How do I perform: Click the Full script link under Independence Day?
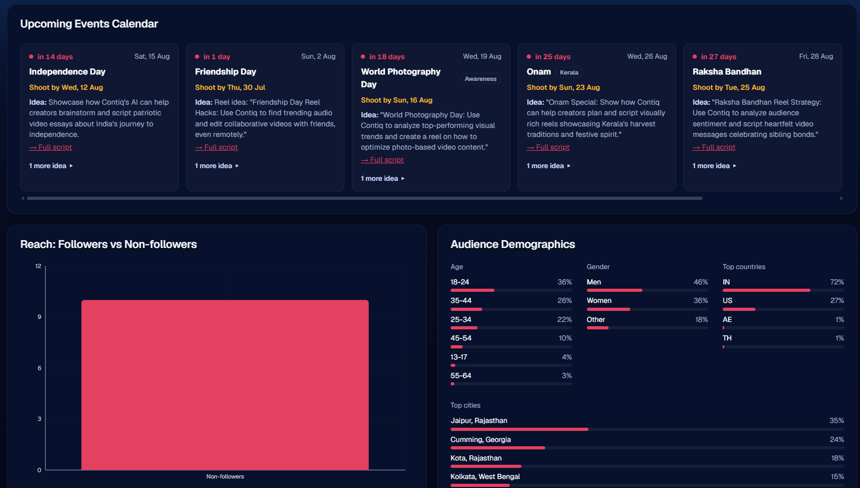(x=50, y=147)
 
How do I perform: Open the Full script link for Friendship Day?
(x=216, y=147)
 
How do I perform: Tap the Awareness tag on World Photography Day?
(x=480, y=79)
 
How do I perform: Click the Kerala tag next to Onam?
(x=569, y=72)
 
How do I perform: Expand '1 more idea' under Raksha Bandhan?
(x=714, y=165)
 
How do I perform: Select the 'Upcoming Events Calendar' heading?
(x=89, y=24)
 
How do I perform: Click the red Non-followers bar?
(x=225, y=384)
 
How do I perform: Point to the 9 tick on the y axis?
(x=39, y=317)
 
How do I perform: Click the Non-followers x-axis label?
(x=225, y=476)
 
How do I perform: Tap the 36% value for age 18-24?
(x=564, y=282)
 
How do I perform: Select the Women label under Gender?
(x=599, y=300)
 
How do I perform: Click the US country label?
(x=727, y=300)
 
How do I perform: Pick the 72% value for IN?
(x=837, y=282)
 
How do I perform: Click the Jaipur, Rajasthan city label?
(x=479, y=421)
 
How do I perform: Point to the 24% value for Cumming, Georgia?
(x=837, y=439)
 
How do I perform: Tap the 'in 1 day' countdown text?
(x=217, y=57)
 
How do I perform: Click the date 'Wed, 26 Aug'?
(x=647, y=57)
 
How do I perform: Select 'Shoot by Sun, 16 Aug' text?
(x=397, y=100)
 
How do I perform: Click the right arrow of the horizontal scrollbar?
(x=841, y=198)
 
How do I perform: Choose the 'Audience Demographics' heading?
(x=512, y=244)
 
